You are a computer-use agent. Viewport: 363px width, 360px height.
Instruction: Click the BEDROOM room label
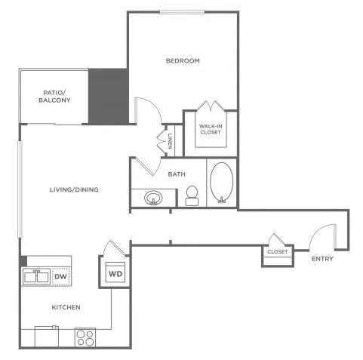183,61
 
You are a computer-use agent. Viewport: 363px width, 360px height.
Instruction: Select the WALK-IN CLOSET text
211,129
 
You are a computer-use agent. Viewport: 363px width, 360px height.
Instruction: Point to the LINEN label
171,140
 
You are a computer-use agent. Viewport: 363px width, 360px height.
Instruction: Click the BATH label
177,174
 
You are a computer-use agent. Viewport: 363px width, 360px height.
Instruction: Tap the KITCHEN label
66,308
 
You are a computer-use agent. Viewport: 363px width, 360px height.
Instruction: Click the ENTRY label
322,260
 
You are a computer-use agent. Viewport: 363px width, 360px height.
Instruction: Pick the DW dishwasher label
60,277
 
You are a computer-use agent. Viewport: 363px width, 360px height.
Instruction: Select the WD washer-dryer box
115,272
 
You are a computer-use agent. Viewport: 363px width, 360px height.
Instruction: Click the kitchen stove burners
85,337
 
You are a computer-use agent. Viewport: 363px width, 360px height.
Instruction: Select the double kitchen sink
35,277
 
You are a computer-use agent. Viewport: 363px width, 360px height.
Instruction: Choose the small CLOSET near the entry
277,252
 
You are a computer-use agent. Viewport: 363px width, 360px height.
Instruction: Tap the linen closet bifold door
159,140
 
